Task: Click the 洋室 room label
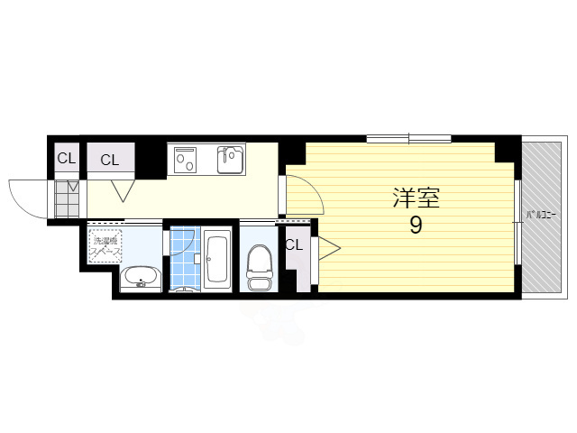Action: click(415, 197)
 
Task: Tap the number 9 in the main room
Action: click(416, 225)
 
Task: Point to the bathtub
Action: click(217, 260)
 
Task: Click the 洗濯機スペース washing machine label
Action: click(105, 244)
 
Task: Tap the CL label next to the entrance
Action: click(66, 160)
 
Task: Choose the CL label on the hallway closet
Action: click(109, 161)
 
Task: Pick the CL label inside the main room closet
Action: click(294, 244)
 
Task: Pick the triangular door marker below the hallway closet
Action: click(123, 191)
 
